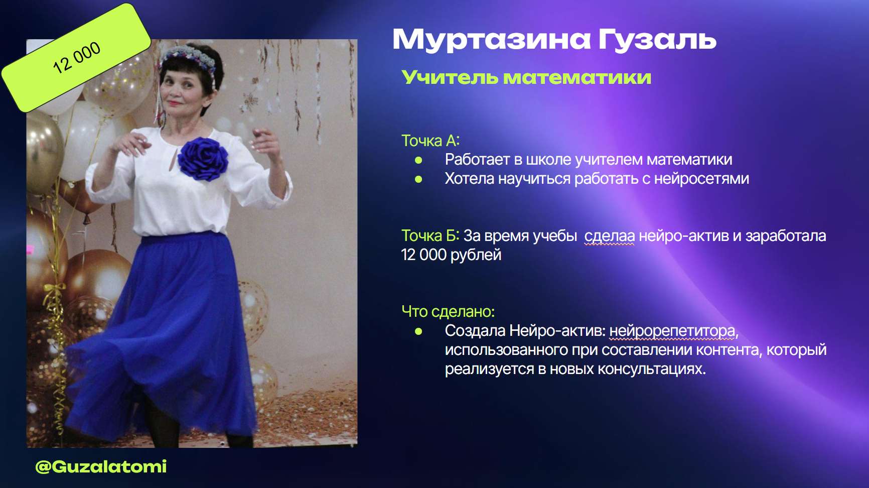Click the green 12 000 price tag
(x=76, y=57)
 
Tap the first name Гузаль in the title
(x=657, y=39)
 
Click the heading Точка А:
(x=430, y=141)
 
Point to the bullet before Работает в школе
(x=418, y=160)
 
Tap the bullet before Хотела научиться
(x=418, y=179)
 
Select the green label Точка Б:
(x=430, y=235)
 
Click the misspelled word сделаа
(x=610, y=236)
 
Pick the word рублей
(x=476, y=255)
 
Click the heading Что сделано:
(x=448, y=312)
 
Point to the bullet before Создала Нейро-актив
(x=418, y=331)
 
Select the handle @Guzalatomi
(x=101, y=467)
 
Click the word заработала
(x=786, y=236)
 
